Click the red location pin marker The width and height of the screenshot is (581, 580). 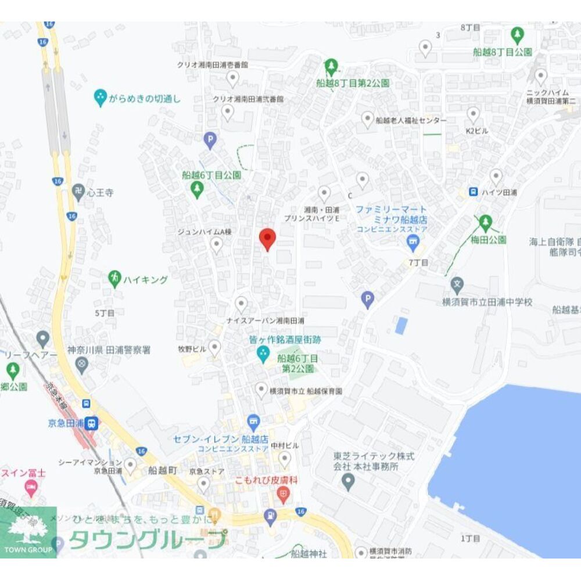click(267, 239)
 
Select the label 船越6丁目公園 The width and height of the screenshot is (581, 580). click(211, 174)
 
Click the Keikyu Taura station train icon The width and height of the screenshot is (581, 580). click(91, 423)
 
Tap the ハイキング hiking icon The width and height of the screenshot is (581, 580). click(115, 279)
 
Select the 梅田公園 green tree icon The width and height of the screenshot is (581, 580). click(485, 222)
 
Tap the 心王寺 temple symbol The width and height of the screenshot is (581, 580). click(78, 192)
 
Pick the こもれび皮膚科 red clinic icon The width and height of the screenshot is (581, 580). click(284, 496)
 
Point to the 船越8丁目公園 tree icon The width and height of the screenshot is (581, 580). click(517, 35)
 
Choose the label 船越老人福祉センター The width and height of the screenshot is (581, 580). click(411, 120)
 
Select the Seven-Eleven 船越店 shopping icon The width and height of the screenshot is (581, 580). click(253, 421)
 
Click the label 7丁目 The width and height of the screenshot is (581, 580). click(418, 263)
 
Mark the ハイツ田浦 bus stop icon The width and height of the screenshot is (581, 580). click(474, 192)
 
